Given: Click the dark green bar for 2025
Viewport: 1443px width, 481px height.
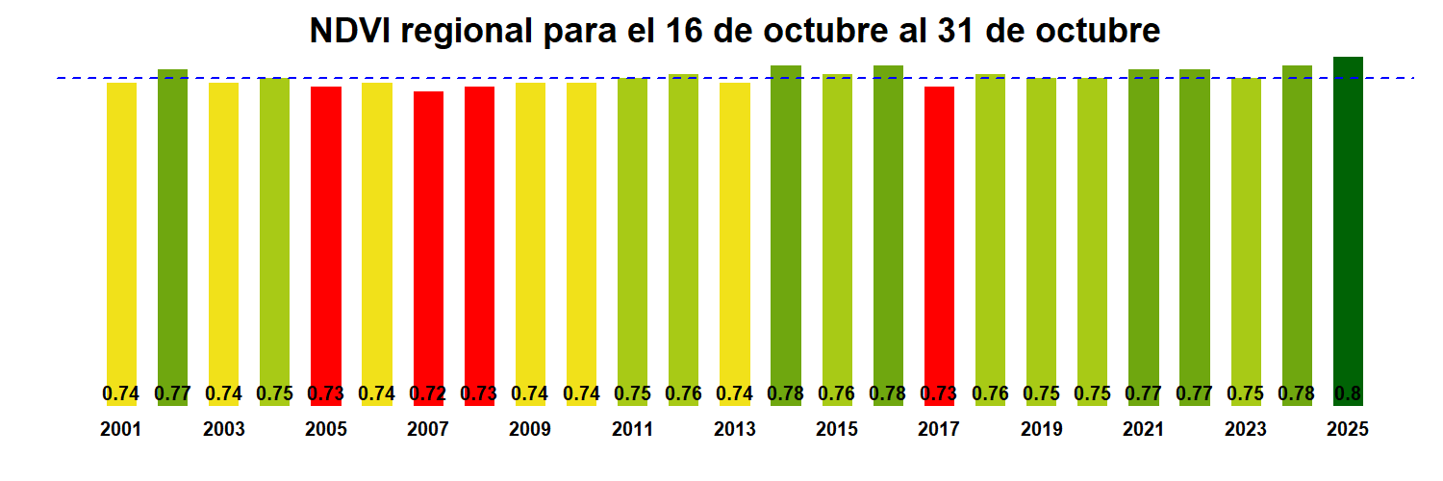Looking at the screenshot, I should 1348,221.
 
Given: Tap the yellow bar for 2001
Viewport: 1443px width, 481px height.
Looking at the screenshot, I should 121,231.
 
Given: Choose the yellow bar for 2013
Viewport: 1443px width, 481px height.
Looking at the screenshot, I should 734,231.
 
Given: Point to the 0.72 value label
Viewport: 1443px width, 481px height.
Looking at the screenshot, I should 428,393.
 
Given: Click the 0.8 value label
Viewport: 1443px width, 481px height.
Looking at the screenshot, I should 1348,393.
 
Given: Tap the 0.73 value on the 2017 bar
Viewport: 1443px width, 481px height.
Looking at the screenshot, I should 939,393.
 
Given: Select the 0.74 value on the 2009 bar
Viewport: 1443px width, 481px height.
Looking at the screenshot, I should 530,393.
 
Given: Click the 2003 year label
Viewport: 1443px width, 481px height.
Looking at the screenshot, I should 223,430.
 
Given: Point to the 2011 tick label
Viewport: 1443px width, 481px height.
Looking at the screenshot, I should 632,430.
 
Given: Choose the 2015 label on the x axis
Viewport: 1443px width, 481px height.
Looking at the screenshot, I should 837,430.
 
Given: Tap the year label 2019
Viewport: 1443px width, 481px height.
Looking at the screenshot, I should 1041,430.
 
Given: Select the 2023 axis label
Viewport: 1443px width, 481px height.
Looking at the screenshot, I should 1246,430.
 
